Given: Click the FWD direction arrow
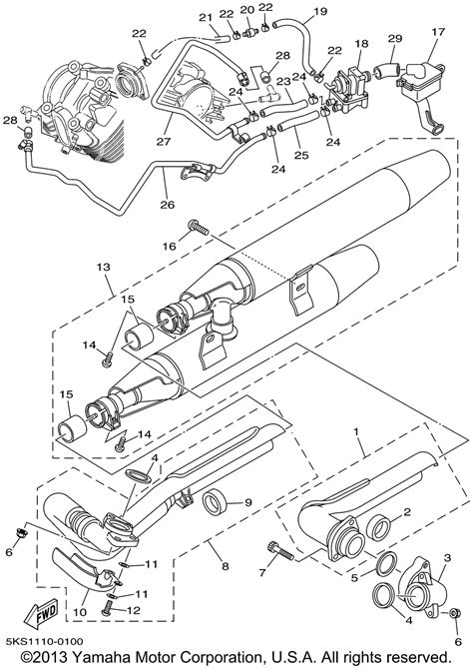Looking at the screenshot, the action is point(42,616).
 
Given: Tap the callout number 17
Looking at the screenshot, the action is point(438,32).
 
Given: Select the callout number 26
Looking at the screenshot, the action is point(168,205).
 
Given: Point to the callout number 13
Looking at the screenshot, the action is point(104,268).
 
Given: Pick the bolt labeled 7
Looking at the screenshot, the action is point(280,551).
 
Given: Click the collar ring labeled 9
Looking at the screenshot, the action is point(215,502).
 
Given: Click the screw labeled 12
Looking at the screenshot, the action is point(109,607).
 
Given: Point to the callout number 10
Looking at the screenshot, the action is point(80,613).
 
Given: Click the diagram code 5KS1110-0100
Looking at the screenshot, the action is point(44,641).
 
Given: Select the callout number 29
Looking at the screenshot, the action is point(395,38).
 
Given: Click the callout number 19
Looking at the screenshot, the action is point(320,11).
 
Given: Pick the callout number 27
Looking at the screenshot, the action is point(163,141).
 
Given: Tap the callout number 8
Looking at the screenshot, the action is point(225,566).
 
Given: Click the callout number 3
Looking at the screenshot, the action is point(447,557).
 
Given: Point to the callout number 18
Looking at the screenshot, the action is point(361,43).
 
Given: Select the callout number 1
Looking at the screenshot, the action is point(356,431).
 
